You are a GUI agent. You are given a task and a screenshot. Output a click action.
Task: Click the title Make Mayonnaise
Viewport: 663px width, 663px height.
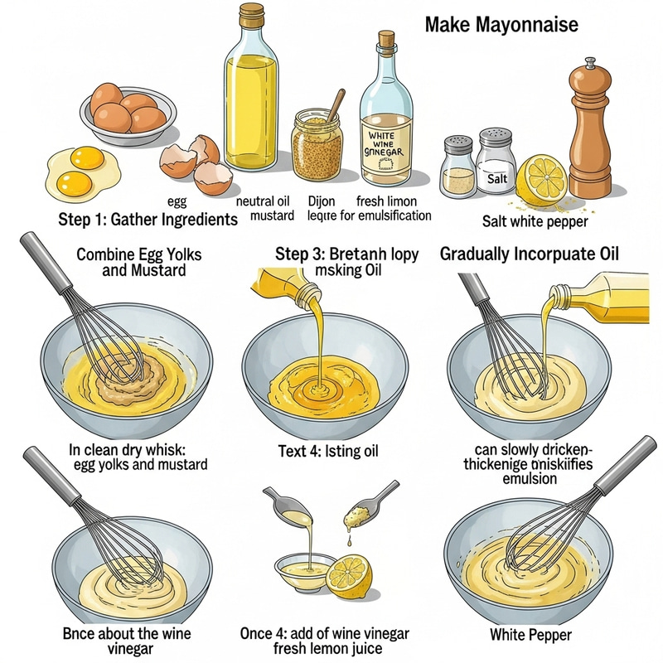(501, 25)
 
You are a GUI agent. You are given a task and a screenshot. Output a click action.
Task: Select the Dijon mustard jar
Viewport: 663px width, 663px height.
(317, 144)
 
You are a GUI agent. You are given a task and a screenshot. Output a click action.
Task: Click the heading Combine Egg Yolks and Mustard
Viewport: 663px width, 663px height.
(138, 262)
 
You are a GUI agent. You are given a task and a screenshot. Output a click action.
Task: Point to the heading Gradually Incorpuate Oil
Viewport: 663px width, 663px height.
(541, 254)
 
